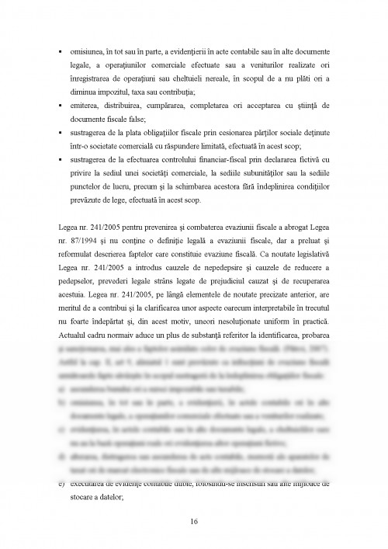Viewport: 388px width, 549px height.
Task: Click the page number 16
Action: (193, 520)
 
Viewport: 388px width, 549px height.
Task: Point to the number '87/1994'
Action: (81, 239)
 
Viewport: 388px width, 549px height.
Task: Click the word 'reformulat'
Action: (89, 253)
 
